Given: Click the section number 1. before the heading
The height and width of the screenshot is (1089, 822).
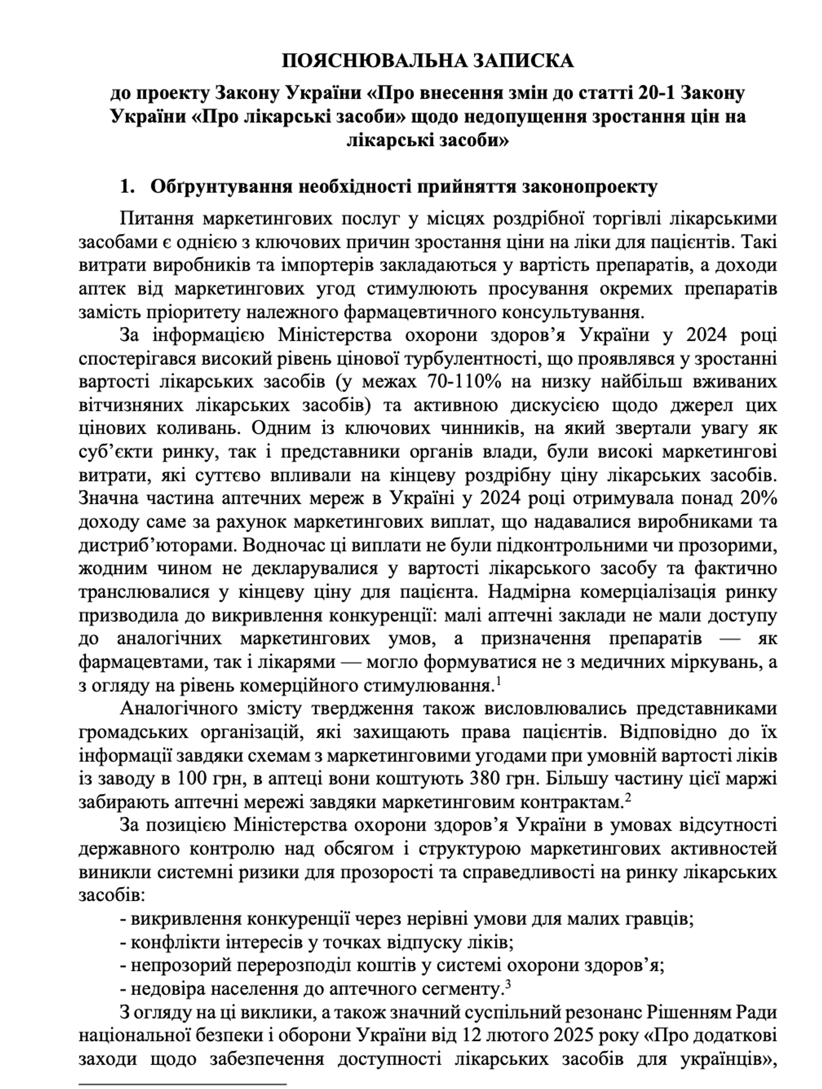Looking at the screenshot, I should point(127,187).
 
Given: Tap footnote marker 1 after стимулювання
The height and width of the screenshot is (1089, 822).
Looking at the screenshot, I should point(499,681).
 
